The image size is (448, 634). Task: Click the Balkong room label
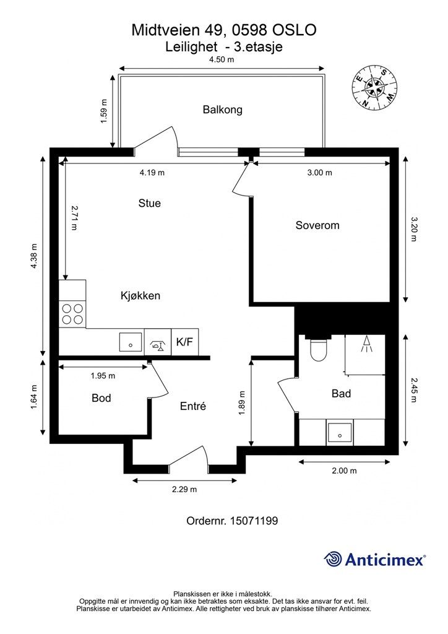(x=223, y=110)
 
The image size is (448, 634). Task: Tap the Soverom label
(x=317, y=225)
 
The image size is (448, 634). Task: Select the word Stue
(x=150, y=203)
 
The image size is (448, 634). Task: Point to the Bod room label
(x=101, y=398)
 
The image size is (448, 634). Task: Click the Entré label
(x=192, y=406)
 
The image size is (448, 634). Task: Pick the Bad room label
(x=341, y=393)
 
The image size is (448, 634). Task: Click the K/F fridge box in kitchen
(x=184, y=342)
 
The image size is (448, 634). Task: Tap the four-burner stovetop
(x=72, y=315)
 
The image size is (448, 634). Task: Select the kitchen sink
(x=131, y=342)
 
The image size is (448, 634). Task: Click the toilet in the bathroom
(x=318, y=349)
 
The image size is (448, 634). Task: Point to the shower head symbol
(x=366, y=344)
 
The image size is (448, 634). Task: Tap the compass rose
(x=374, y=88)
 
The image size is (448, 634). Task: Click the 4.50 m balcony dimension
(x=222, y=59)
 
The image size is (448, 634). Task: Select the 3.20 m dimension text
(x=413, y=229)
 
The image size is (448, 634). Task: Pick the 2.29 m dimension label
(x=184, y=489)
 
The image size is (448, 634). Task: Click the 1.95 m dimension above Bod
(x=103, y=376)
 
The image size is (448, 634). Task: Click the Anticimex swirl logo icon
(x=334, y=560)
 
